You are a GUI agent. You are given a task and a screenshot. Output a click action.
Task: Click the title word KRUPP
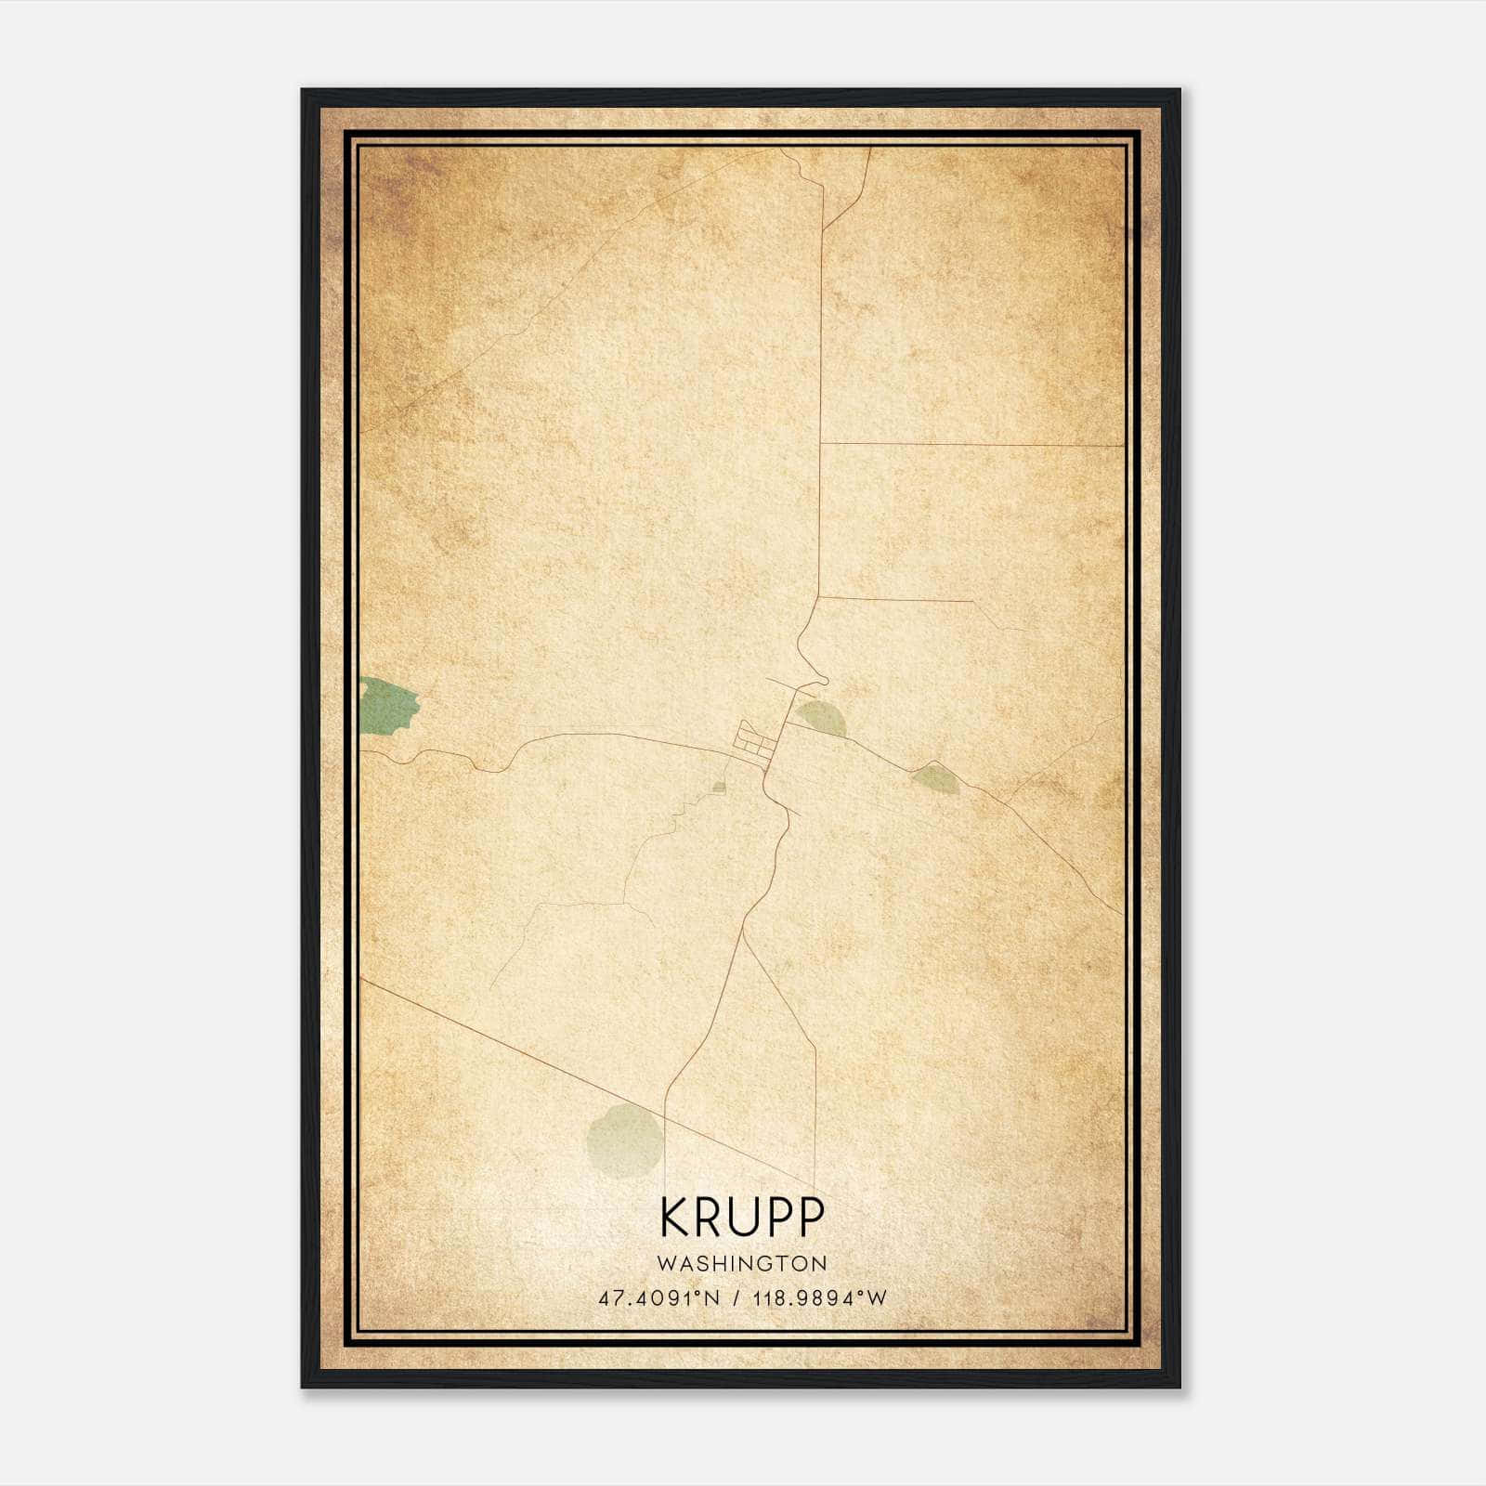coord(742,1217)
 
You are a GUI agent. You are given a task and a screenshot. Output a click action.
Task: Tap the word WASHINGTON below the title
coord(742,1263)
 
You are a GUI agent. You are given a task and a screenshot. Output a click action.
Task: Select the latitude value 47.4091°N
coord(659,1298)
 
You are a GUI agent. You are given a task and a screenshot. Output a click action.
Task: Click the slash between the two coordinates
coord(736,1298)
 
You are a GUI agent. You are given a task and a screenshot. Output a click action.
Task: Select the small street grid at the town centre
coord(753,745)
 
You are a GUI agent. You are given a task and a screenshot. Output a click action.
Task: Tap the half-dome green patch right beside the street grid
coord(821,718)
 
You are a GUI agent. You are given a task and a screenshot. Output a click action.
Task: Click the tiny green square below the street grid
coord(718,789)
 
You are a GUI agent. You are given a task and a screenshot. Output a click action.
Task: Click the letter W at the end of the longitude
coord(878,1298)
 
